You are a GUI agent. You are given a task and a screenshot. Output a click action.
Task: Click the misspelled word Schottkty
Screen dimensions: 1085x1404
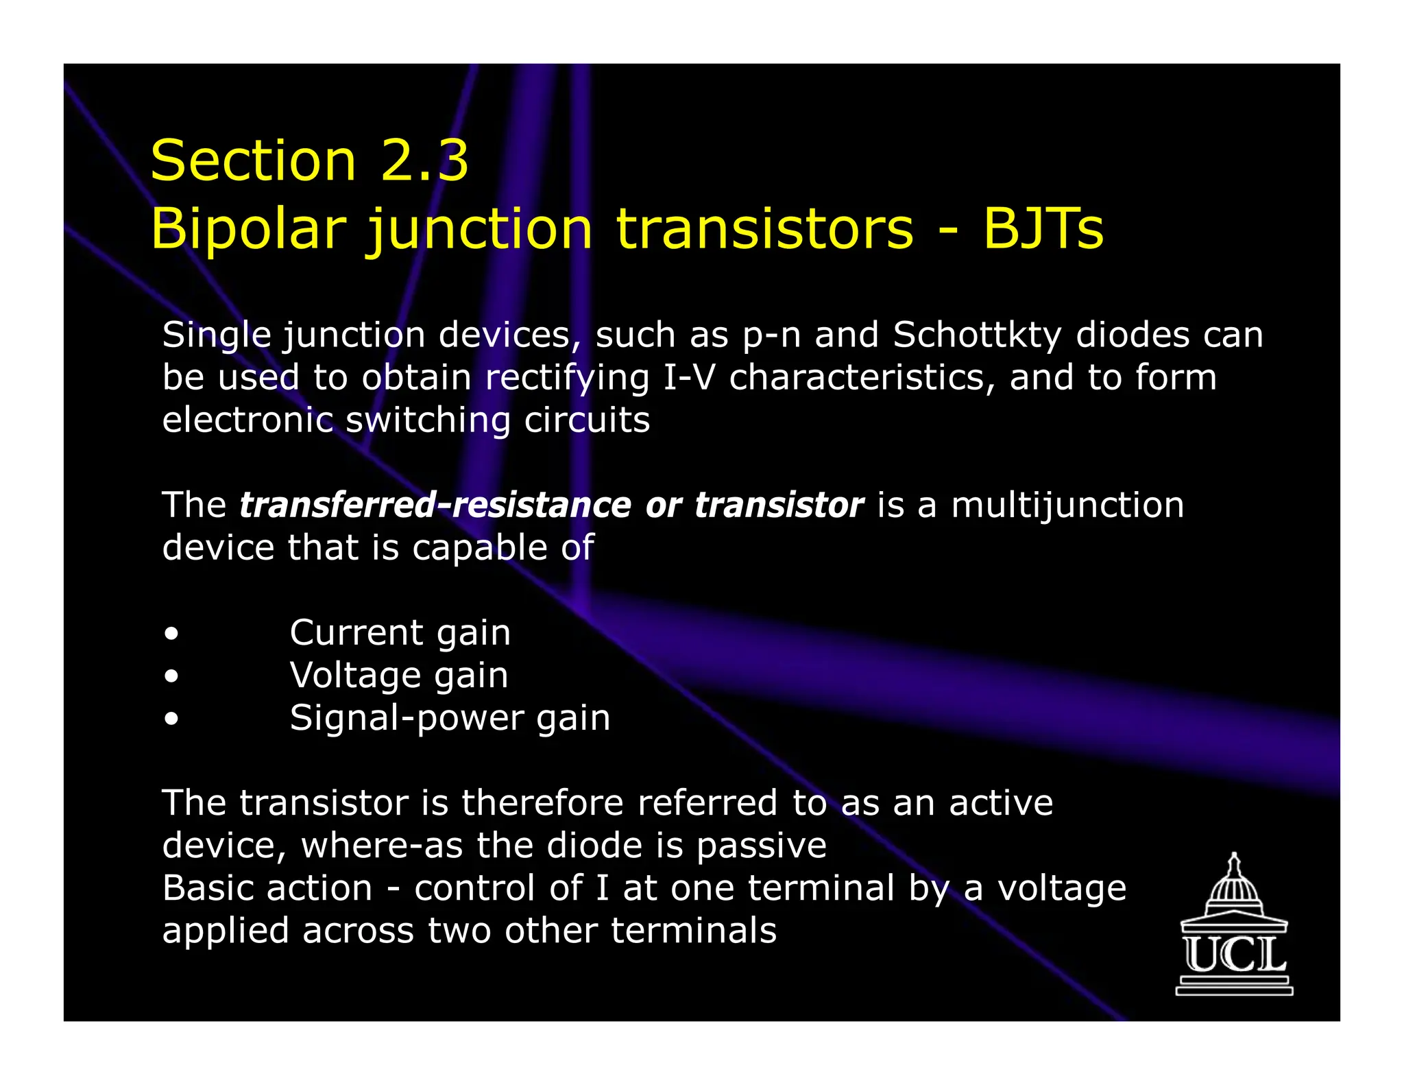tap(977, 335)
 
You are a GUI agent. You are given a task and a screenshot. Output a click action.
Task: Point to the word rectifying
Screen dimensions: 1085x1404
tap(567, 378)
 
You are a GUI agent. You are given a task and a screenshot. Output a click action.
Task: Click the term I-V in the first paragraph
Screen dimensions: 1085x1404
tap(688, 378)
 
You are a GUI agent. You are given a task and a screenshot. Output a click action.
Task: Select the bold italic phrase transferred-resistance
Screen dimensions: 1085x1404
tap(435, 505)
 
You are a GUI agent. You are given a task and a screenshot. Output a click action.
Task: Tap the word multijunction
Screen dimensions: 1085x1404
tap(1067, 505)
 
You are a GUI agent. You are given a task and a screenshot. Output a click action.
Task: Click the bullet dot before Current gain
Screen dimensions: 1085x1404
tap(171, 634)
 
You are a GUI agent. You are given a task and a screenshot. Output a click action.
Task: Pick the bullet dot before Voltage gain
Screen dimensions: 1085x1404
tap(171, 676)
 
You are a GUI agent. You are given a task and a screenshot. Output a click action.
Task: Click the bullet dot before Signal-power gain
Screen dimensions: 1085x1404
tap(171, 719)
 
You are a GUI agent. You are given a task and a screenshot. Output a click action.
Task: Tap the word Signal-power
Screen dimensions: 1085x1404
tap(405, 719)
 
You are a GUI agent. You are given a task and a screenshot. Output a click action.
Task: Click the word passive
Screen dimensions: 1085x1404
tap(761, 846)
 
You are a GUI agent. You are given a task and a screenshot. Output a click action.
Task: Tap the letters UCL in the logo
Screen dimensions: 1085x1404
tap(1234, 955)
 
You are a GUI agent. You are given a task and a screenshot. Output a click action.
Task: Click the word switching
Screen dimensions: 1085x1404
tap(428, 420)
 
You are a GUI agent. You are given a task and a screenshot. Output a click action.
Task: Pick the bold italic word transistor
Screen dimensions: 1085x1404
tap(779, 505)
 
